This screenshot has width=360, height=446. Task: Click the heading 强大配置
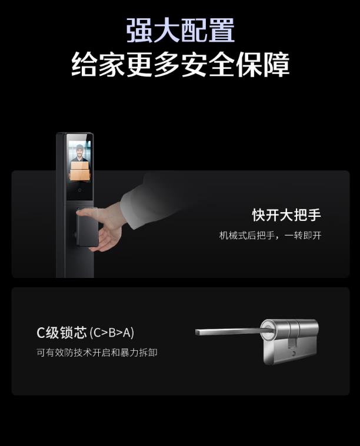point(180,30)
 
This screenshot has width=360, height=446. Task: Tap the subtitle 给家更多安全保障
point(180,64)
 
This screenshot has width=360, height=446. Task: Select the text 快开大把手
point(286,214)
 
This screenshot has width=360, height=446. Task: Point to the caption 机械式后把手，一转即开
point(270,236)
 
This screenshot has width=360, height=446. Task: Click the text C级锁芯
point(62,332)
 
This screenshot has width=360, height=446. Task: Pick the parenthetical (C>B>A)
point(112,333)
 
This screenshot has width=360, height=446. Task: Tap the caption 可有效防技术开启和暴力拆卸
point(97,353)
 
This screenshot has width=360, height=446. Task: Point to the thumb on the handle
point(86,213)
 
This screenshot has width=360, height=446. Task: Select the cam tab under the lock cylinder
point(292,343)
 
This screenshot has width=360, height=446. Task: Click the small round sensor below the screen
point(80,190)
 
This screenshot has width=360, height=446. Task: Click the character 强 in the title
point(139,30)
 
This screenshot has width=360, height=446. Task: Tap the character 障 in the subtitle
point(277,64)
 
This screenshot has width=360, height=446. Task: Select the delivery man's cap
point(80,147)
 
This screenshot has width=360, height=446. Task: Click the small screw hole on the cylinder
point(294,354)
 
